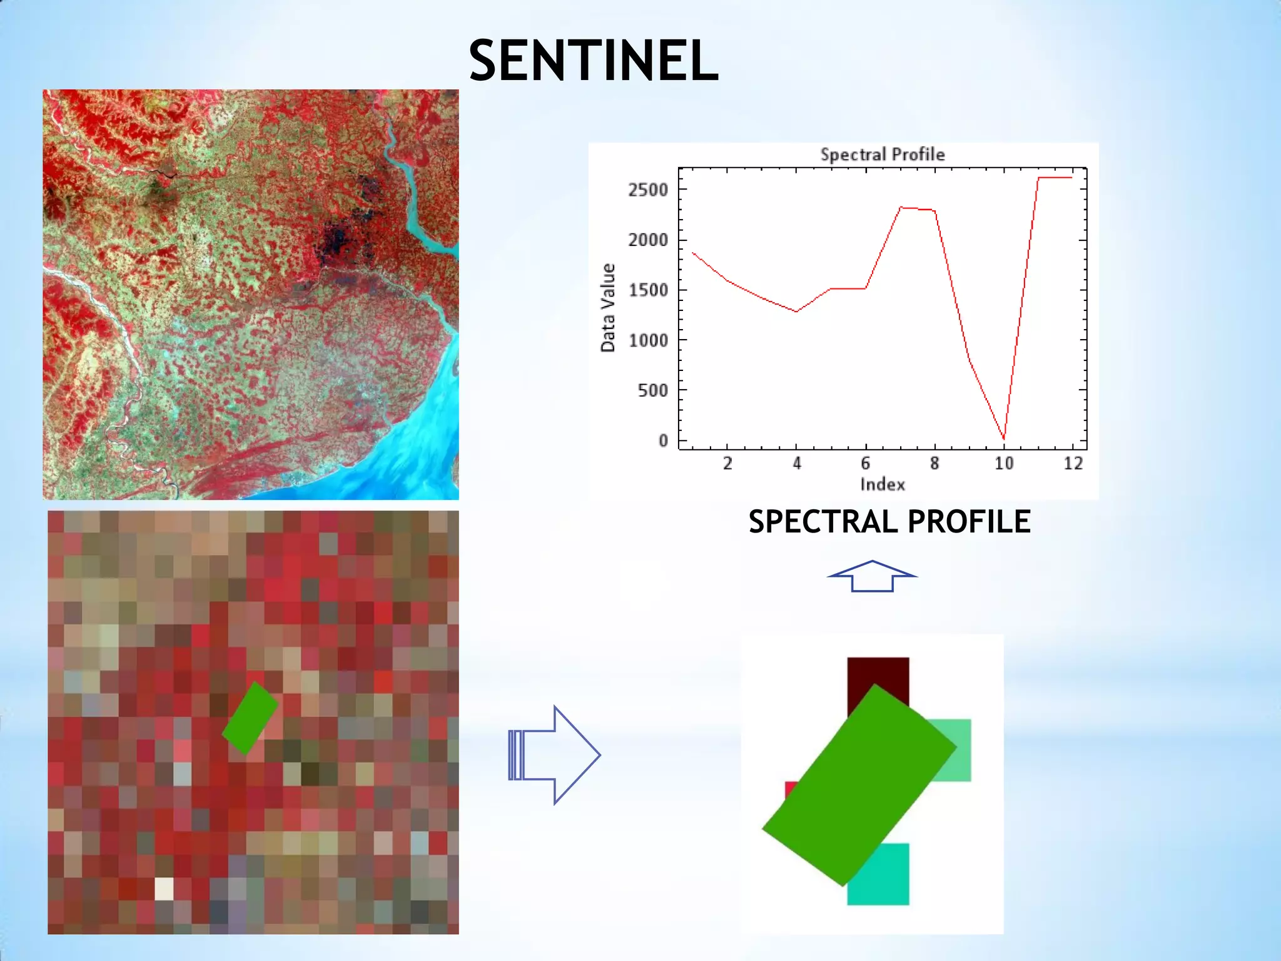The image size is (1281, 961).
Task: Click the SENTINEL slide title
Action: tap(593, 60)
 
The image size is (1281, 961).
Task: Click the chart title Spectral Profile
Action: tap(882, 155)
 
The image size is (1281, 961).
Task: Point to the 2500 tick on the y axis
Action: tap(648, 190)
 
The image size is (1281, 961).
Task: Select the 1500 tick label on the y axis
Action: tap(648, 290)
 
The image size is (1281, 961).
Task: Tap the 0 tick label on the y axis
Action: tap(663, 441)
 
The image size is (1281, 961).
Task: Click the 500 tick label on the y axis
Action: tap(652, 391)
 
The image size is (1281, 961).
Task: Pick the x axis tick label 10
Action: tap(1003, 464)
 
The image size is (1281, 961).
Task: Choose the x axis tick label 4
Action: tap(796, 464)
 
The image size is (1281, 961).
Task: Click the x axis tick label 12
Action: tap(1073, 464)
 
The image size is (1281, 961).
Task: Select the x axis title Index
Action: tap(882, 484)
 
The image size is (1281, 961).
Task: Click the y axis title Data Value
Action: tap(608, 308)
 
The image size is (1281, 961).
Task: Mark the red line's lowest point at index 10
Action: tap(1003, 439)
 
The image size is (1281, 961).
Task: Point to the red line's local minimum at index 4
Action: tap(796, 311)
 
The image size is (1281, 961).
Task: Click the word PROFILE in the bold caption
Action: tap(968, 522)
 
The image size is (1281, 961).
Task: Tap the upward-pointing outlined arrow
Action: tap(872, 576)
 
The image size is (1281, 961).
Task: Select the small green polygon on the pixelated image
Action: tap(250, 718)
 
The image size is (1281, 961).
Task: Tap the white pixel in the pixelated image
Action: tap(164, 889)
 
